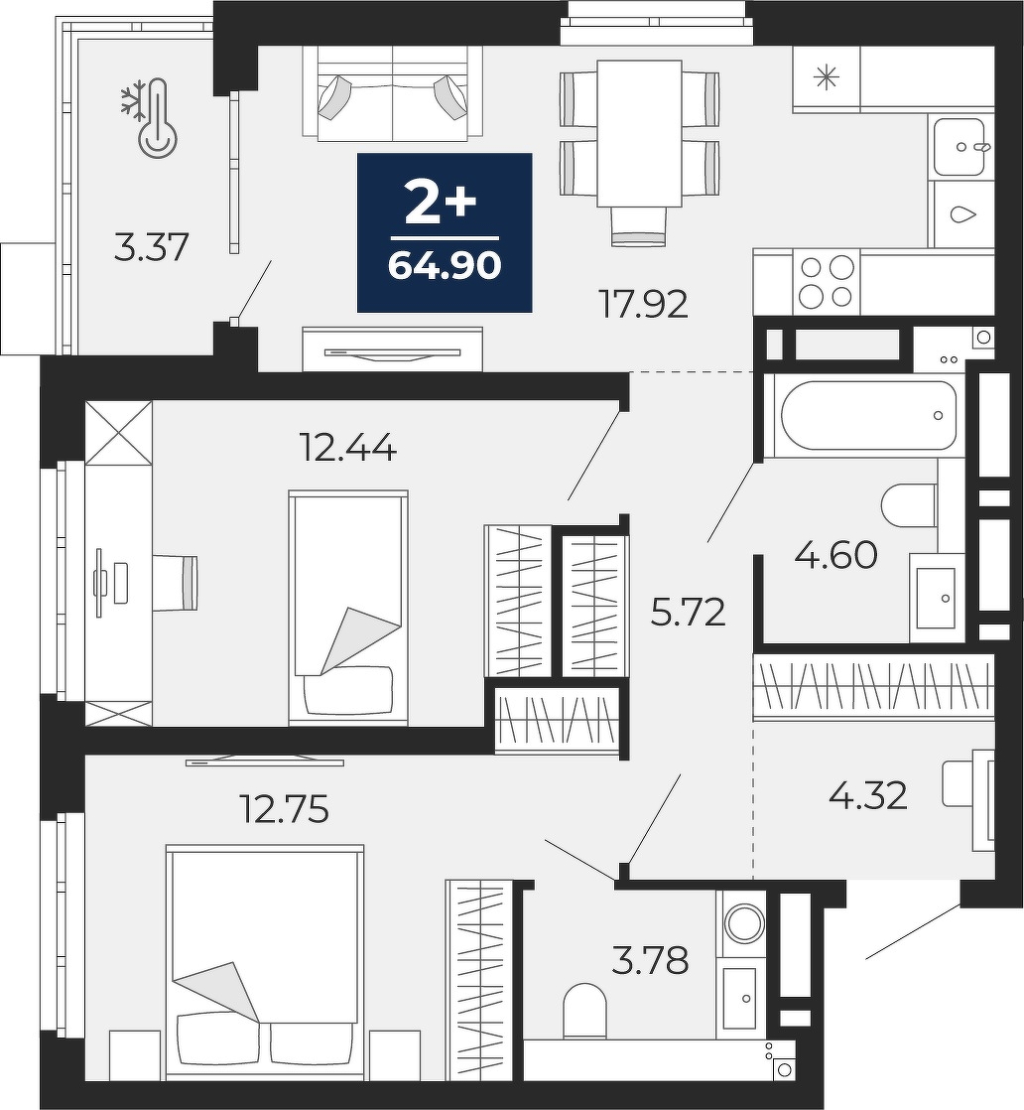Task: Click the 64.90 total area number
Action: click(445, 266)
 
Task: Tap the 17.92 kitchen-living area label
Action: click(643, 305)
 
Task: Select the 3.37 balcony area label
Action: click(151, 248)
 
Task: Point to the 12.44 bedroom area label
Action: click(347, 448)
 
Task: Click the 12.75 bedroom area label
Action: click(285, 810)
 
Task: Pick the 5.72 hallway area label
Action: click(688, 613)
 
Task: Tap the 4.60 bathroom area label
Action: click(835, 555)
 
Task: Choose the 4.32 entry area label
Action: click(867, 795)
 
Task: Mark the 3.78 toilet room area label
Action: click(650, 962)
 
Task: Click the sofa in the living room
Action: click(393, 92)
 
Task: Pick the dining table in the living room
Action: click(640, 134)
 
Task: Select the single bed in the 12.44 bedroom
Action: click(348, 608)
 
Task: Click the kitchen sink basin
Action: click(959, 147)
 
